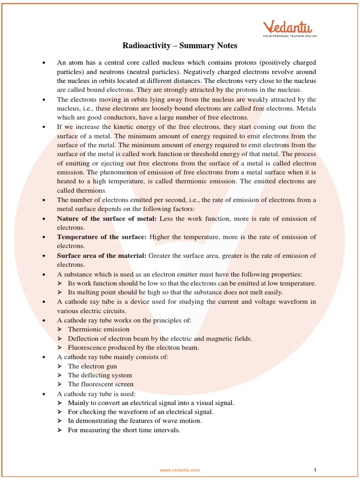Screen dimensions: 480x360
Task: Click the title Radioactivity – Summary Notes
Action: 180,45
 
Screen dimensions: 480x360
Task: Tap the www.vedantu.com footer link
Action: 180,470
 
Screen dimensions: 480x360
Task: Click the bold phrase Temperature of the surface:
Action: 102,237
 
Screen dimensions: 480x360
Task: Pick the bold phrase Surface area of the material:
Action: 102,255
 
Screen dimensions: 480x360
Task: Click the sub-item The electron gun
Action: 92,366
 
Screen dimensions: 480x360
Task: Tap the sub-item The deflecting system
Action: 100,375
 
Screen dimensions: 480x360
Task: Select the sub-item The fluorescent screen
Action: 100,384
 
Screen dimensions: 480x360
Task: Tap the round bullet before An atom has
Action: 44,62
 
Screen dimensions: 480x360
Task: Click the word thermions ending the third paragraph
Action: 82,191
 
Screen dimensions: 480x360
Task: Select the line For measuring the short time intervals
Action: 124,430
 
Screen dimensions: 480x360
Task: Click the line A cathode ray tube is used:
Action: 96,394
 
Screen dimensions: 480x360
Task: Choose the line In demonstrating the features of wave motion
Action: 135,421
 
